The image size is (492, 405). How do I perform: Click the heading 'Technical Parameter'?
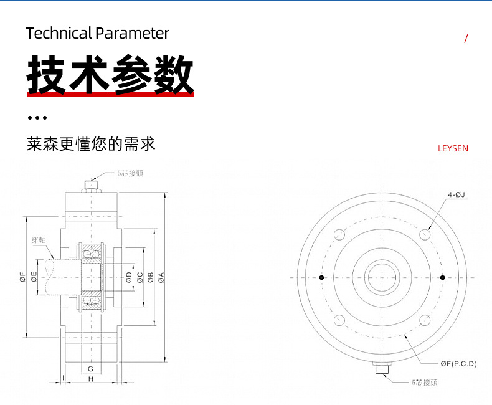tap(98, 33)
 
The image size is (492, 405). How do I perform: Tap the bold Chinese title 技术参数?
tap(110, 75)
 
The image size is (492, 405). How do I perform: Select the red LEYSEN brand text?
tap(453, 148)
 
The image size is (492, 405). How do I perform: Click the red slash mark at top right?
tap(466, 39)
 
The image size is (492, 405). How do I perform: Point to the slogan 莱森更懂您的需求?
tap(91, 145)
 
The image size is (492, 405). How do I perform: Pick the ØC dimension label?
tap(140, 277)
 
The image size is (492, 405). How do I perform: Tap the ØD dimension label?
tap(129, 277)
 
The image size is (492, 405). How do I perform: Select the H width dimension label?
tap(90, 379)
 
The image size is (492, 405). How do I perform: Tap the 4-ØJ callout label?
tap(457, 195)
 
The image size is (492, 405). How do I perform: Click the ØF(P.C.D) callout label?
tap(458, 363)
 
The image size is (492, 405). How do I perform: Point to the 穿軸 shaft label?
tap(39, 240)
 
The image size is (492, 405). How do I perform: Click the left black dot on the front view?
tap(321, 277)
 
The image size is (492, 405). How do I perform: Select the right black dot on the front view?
tap(442, 277)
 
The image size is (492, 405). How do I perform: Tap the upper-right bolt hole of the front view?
tap(425, 234)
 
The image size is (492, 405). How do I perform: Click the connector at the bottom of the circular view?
tap(382, 369)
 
